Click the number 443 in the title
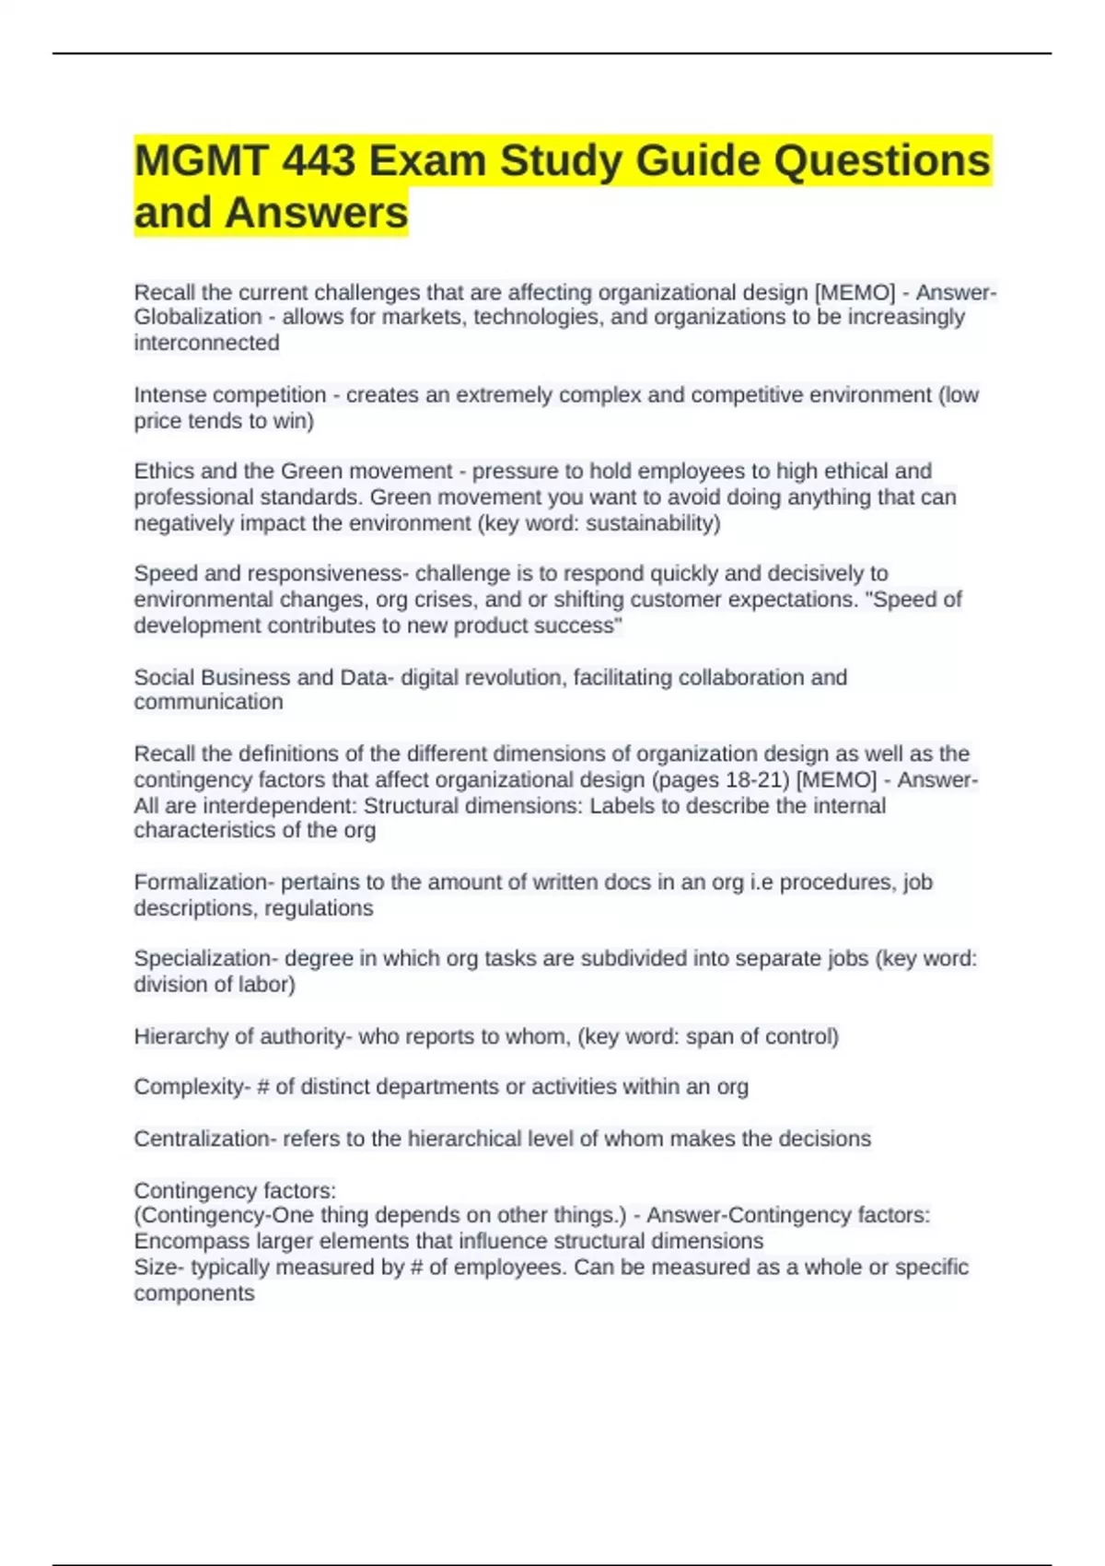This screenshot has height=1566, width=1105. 319,161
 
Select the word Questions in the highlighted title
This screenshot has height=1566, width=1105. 881,161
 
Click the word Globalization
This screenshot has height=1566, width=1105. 198,317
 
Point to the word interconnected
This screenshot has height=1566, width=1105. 206,343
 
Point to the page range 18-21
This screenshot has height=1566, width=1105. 758,780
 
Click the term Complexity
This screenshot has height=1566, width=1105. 189,1087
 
